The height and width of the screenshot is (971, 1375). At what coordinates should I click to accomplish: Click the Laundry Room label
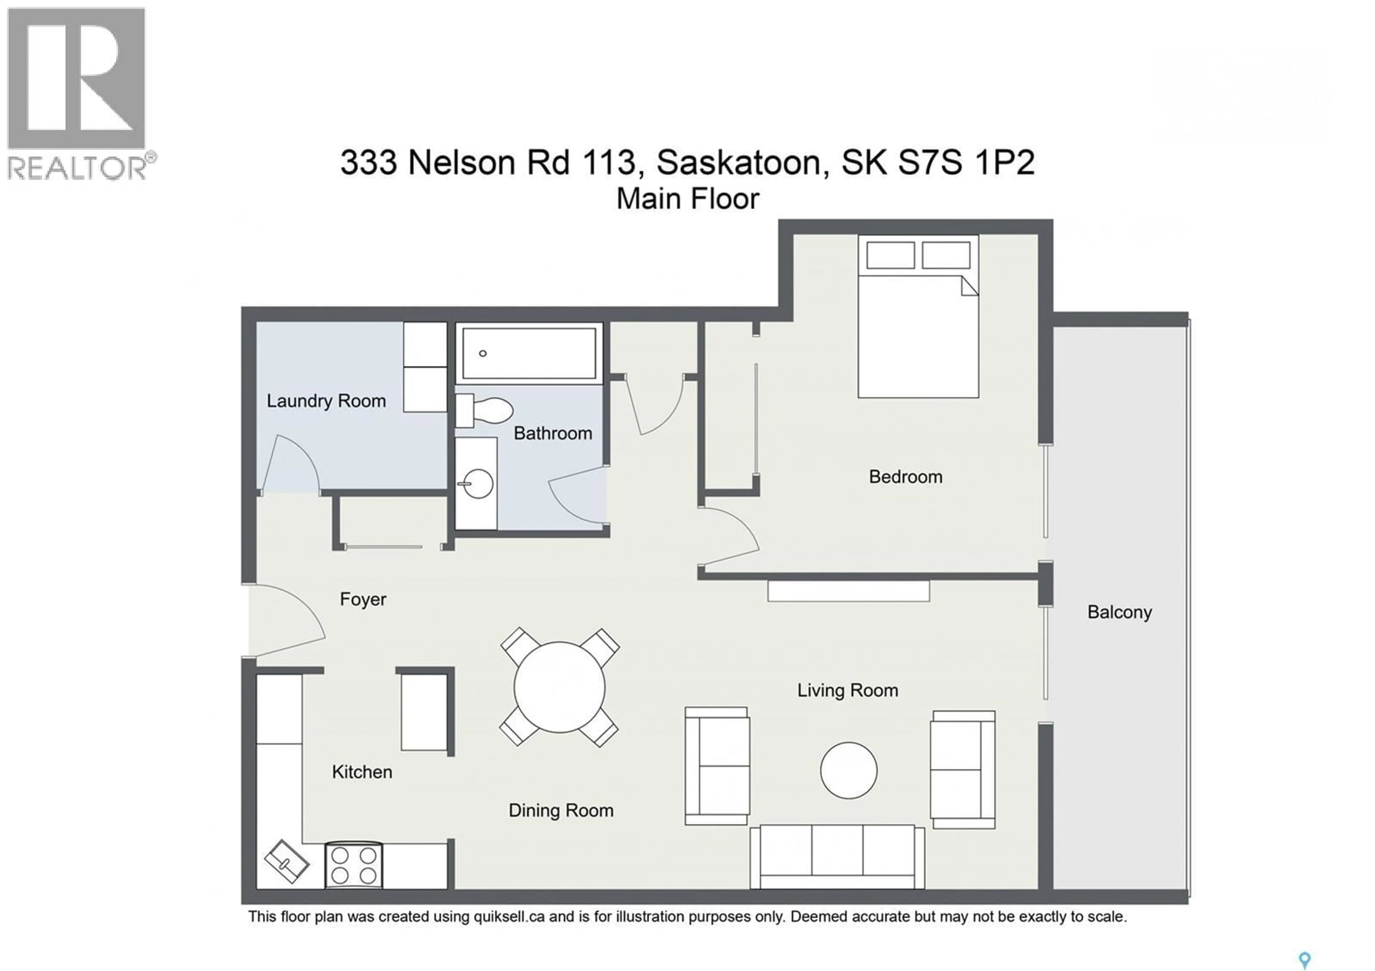tap(326, 401)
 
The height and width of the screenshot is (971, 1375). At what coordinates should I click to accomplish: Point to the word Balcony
tap(1119, 612)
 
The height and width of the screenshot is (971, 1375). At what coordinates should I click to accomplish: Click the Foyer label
tap(363, 599)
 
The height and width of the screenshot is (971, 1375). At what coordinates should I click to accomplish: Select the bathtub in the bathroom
tap(529, 353)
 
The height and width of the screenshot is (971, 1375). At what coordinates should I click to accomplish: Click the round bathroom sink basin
tap(478, 484)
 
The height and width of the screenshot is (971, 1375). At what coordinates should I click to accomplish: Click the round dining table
tap(559, 687)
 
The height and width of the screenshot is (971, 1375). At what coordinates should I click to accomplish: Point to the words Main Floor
tap(687, 199)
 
